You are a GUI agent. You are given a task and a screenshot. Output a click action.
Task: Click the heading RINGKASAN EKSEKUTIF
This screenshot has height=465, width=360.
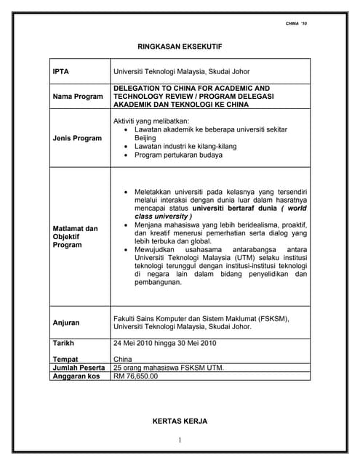(180, 46)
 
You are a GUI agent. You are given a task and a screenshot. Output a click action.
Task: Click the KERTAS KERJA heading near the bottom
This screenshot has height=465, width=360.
(180, 421)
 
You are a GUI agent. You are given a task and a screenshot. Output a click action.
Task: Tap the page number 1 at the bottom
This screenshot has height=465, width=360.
(180, 440)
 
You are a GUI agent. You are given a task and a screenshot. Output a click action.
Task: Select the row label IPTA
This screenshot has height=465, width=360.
(60, 71)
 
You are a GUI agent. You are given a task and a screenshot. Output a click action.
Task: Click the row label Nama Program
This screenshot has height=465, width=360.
(78, 97)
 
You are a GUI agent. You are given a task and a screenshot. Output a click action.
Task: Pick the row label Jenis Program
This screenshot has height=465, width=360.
(77, 137)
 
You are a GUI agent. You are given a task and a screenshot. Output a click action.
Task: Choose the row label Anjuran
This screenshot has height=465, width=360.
(66, 322)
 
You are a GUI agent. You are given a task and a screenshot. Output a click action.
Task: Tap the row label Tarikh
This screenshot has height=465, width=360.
(64, 342)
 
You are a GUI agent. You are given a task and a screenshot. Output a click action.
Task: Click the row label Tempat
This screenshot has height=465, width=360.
(65, 359)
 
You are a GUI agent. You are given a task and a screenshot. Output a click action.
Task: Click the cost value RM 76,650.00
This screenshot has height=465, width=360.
(135, 376)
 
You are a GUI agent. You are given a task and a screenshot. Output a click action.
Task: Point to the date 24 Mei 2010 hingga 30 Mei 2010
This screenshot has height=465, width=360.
(165, 342)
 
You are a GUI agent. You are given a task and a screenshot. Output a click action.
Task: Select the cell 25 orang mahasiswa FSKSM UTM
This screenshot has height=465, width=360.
(169, 368)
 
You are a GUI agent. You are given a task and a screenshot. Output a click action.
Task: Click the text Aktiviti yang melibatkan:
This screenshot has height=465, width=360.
(151, 120)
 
